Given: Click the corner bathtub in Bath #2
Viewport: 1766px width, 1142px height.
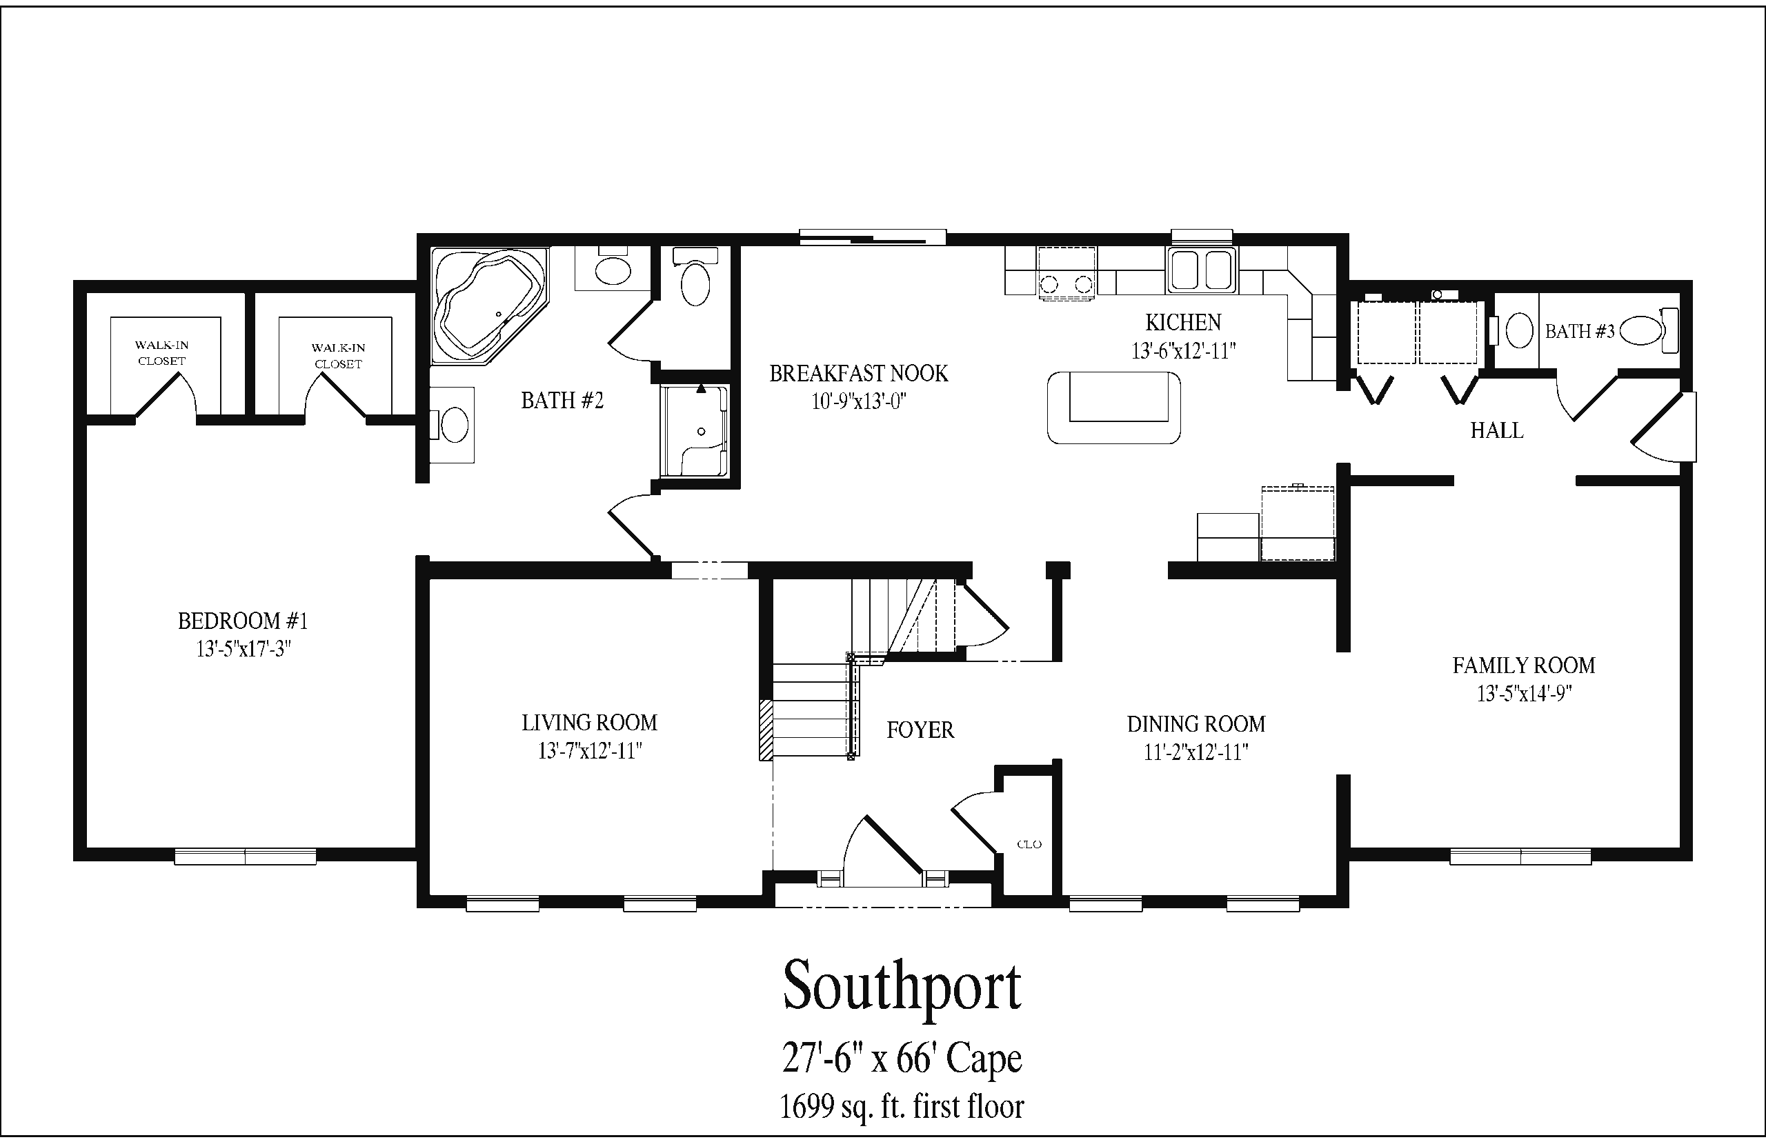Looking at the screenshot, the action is pyautogui.click(x=490, y=305).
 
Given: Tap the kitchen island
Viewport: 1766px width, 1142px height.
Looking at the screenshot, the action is pyautogui.click(x=1113, y=407).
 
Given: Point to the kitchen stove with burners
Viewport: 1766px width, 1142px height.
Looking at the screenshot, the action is pyautogui.click(x=1066, y=274).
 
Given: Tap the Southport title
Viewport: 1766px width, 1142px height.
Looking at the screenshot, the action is pyautogui.click(x=902, y=988).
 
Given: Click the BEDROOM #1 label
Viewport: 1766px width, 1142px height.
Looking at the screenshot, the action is pyautogui.click(x=243, y=621).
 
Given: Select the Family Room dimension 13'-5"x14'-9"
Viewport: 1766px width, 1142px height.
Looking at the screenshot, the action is pyautogui.click(x=1524, y=693).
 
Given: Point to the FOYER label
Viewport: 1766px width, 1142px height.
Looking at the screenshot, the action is pyautogui.click(x=920, y=730).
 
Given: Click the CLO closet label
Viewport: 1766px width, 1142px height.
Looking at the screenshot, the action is pyautogui.click(x=1029, y=844).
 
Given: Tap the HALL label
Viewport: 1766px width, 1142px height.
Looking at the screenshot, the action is pyautogui.click(x=1497, y=430).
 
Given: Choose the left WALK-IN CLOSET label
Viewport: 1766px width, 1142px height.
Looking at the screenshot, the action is pyautogui.click(x=161, y=353).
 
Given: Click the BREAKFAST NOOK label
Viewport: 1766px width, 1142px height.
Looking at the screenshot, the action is pyautogui.click(x=859, y=373).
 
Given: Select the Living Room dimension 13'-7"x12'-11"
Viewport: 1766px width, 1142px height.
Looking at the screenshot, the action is pyautogui.click(x=590, y=751).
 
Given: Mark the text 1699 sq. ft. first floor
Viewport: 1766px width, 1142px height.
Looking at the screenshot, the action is pyautogui.click(x=902, y=1106).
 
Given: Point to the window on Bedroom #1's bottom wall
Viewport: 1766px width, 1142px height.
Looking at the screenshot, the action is pyautogui.click(x=245, y=856).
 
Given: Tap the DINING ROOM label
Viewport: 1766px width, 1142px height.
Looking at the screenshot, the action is pyautogui.click(x=1195, y=724).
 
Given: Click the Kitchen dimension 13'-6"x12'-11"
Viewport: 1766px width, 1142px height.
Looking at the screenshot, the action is pyautogui.click(x=1184, y=350).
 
